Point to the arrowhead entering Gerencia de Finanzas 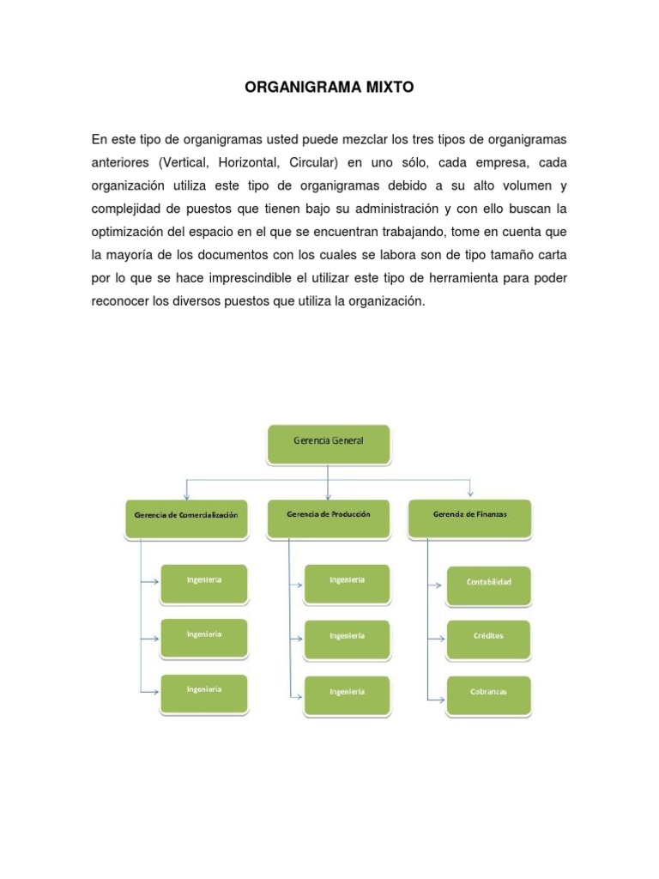(x=470, y=494)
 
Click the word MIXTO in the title (x=384, y=87)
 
